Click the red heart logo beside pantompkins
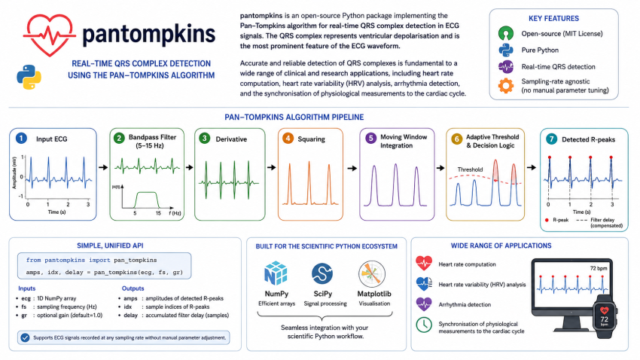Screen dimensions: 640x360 pos(50,35)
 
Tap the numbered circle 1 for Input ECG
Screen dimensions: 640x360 pos(21,139)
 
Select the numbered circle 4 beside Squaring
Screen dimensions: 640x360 pos(288,139)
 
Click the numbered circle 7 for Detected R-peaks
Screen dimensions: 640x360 pos(551,139)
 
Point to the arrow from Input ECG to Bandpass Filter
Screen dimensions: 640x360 pos(103,167)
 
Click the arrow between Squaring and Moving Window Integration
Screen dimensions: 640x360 pos(352,168)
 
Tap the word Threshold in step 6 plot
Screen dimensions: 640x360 pos(470,169)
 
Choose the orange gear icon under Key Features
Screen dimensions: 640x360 pos(506,86)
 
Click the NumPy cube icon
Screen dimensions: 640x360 pos(276,273)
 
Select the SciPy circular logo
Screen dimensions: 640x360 pos(322,273)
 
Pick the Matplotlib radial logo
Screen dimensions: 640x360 pos(372,273)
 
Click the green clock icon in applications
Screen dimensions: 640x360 pos(424,325)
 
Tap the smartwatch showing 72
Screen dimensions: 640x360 pos(605,316)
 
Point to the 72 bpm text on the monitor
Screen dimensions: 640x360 pos(599,268)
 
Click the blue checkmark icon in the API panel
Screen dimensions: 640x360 pos(26,337)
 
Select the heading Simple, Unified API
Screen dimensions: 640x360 pos(110,246)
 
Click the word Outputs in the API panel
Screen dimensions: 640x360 pos(133,288)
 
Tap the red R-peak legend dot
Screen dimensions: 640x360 pos(547,220)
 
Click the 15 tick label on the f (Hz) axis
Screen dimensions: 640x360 pos(158,213)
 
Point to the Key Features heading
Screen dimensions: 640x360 pos(553,18)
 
